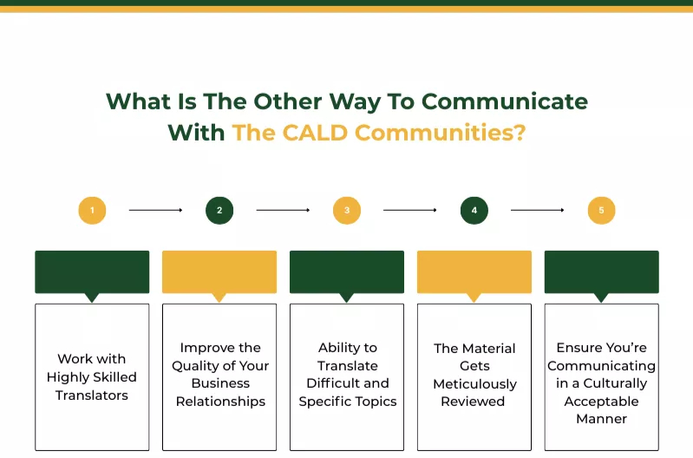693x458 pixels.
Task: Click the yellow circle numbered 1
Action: click(92, 210)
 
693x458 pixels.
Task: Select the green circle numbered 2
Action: click(219, 210)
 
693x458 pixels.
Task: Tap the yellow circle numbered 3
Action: click(347, 210)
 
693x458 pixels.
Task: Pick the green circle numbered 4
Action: click(474, 210)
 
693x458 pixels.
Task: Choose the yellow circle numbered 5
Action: click(601, 210)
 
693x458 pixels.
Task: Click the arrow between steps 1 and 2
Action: click(155, 210)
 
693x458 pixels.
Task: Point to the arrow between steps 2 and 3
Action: click(283, 210)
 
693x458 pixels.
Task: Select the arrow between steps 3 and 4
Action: click(410, 210)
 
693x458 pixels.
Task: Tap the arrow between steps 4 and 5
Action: click(538, 210)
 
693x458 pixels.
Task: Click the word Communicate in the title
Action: click(505, 101)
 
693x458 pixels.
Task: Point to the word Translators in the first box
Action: click(92, 396)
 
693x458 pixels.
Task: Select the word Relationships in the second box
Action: click(219, 402)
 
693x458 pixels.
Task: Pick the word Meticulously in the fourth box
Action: click(474, 383)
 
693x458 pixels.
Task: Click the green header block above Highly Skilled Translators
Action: click(92, 272)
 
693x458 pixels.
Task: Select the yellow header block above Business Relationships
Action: click(219, 272)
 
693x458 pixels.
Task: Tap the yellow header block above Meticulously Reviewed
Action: click(474, 272)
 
